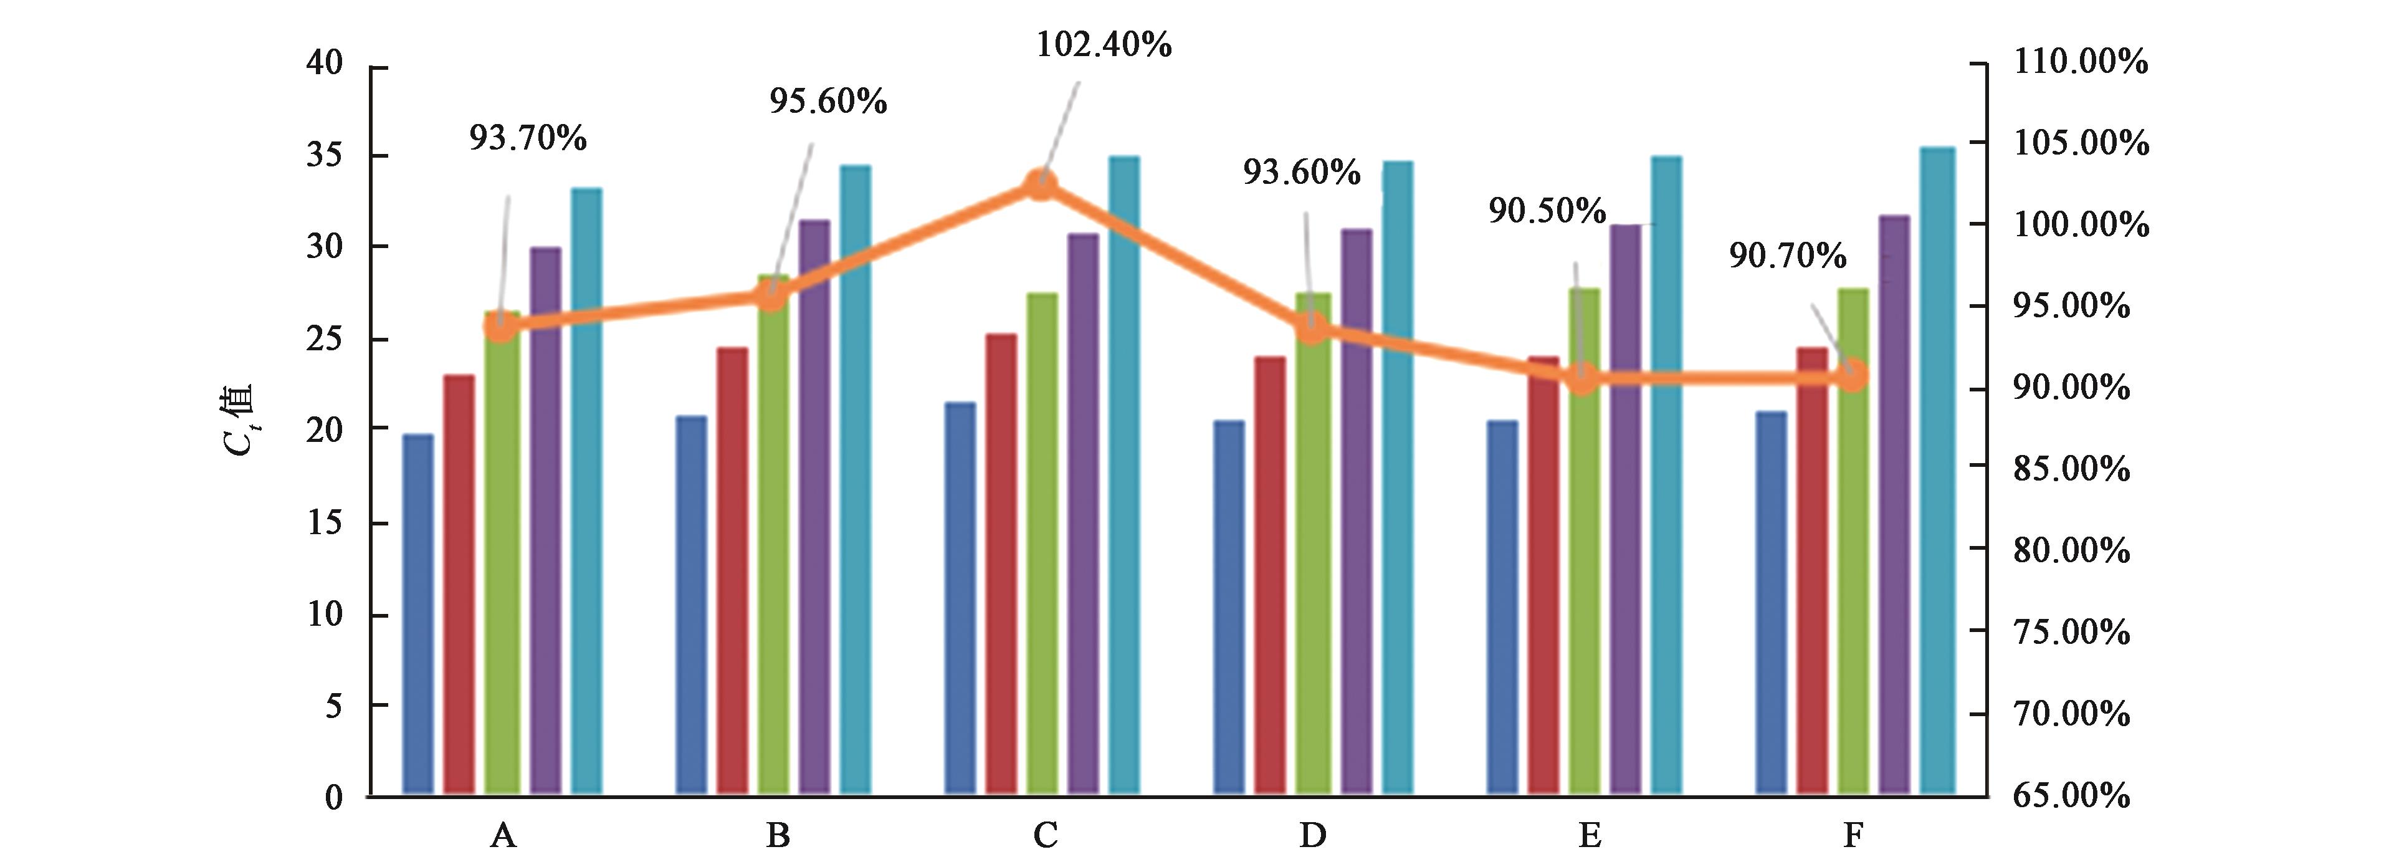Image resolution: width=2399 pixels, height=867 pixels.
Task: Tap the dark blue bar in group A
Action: (418, 615)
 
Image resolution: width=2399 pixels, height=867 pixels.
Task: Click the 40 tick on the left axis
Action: (325, 64)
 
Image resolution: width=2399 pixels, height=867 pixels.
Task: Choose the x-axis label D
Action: (1312, 835)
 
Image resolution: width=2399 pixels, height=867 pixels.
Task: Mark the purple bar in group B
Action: (814, 507)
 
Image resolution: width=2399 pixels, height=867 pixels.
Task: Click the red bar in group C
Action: (1002, 563)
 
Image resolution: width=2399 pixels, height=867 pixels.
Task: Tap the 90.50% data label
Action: (1547, 211)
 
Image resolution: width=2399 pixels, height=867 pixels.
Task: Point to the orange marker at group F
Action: (1853, 376)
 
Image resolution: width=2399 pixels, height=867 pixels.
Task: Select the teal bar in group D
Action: (1397, 477)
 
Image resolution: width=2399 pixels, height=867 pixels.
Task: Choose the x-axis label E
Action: (1589, 835)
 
